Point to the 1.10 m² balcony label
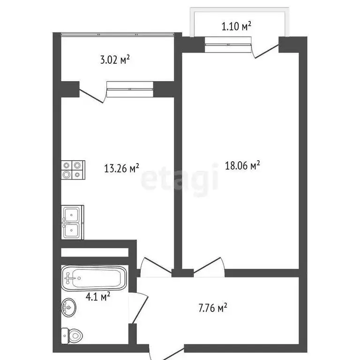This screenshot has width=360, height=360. click(236, 27)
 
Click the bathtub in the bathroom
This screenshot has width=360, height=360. click(94, 278)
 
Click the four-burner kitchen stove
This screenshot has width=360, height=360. click(73, 170)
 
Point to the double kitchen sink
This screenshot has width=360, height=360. click(72, 222)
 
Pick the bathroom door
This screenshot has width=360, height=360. click(139, 307)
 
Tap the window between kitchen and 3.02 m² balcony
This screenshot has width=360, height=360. click(130, 89)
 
